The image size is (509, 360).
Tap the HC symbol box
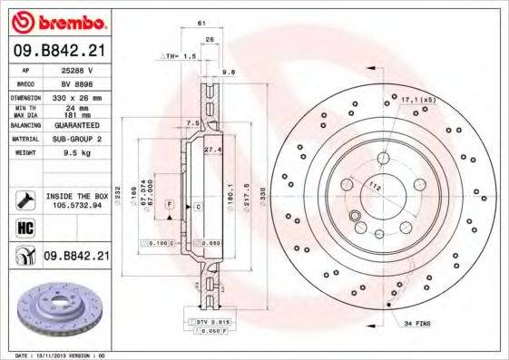click(x=24, y=227)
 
